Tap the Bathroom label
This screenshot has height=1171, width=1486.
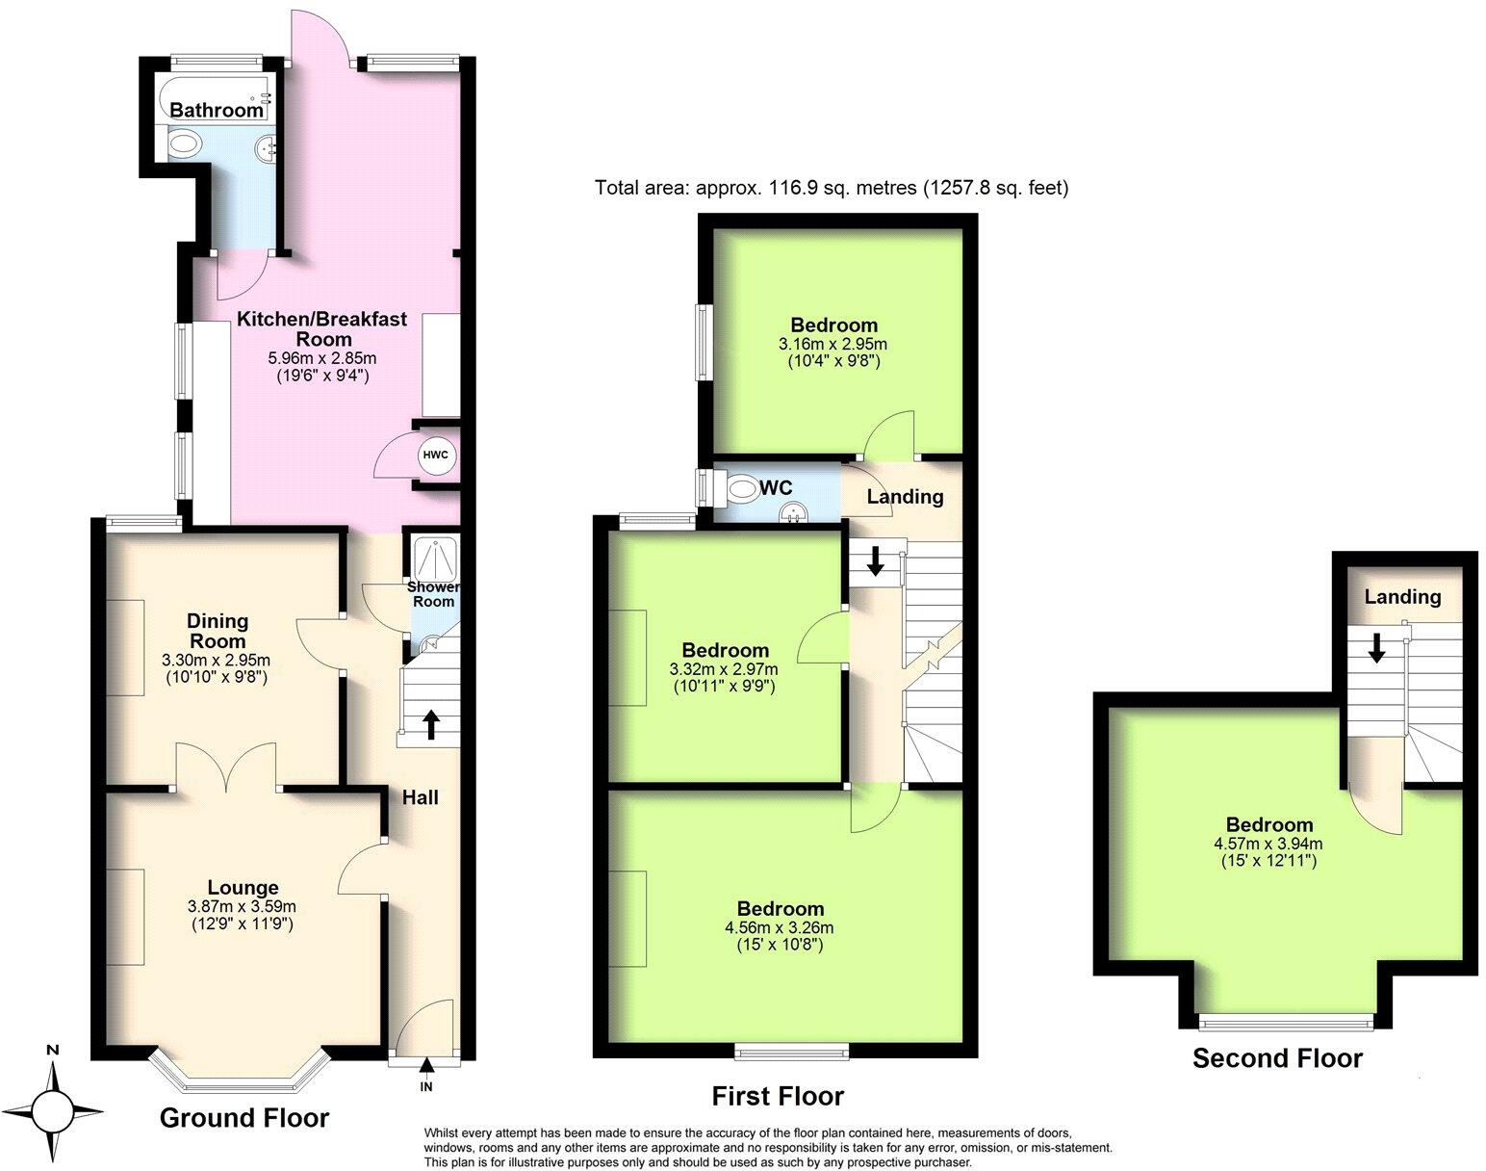217,111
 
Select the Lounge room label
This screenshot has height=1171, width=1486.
243,888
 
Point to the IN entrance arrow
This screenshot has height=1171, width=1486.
425,1066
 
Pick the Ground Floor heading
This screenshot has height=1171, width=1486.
244,1118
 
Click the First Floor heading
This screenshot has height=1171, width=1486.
778,1096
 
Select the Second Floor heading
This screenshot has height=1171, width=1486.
1277,1058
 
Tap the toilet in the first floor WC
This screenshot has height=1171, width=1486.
742,489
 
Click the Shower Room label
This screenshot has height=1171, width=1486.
433,594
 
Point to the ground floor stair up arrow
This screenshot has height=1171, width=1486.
429,724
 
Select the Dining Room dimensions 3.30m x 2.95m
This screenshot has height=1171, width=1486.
217,661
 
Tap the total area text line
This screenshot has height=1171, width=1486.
832,188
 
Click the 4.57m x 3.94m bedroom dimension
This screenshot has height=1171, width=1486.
1268,843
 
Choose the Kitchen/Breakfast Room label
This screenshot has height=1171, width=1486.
322,328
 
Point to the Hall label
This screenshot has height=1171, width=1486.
421,797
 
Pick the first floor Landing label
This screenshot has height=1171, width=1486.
905,497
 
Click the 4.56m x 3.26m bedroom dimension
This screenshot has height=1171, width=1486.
780,928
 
